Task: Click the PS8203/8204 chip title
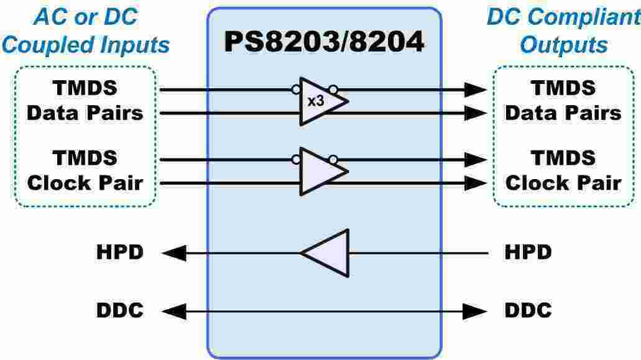coord(324,42)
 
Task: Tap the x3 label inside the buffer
coord(316,101)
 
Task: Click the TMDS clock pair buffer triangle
coord(320,171)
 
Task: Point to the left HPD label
coord(119,253)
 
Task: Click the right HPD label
coord(528,253)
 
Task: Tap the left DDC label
coord(119,310)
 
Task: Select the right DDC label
coord(528,310)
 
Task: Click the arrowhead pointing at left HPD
coord(173,253)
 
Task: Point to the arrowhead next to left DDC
coord(173,310)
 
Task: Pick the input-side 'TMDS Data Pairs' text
coord(85,101)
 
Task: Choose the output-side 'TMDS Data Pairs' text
coord(563,101)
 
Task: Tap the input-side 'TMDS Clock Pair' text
coord(85,171)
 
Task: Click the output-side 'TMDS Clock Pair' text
coord(563,171)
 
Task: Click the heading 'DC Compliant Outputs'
coord(563,30)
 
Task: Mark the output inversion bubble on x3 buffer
coord(333,90)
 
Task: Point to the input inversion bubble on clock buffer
coord(295,160)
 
